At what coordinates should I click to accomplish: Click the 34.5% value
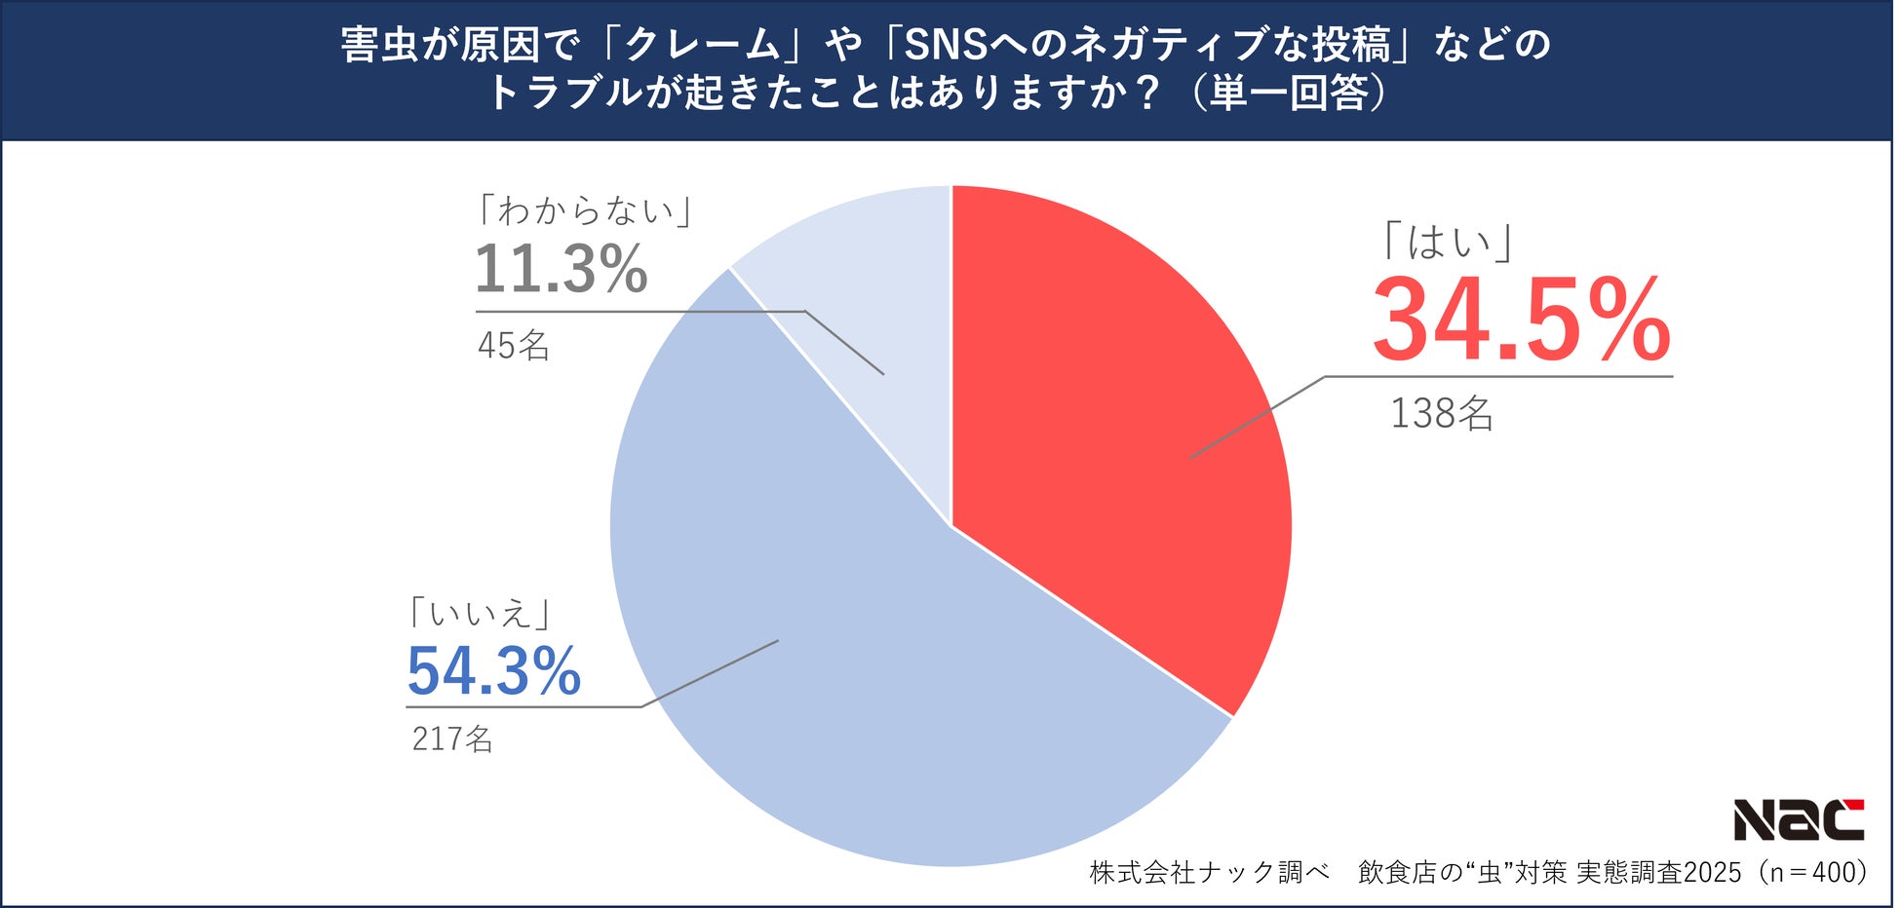1521,322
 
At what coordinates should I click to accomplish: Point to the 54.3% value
494,671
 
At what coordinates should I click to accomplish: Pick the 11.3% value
561,269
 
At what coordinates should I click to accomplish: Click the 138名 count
1441,414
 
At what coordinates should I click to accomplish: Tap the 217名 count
452,739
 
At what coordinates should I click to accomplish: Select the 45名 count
514,346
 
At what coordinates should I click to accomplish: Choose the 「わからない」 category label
586,210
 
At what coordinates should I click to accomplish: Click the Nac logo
1798,820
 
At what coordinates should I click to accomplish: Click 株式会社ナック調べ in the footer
1209,872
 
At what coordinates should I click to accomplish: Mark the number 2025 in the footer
1712,872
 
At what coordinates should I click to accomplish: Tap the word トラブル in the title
565,94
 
